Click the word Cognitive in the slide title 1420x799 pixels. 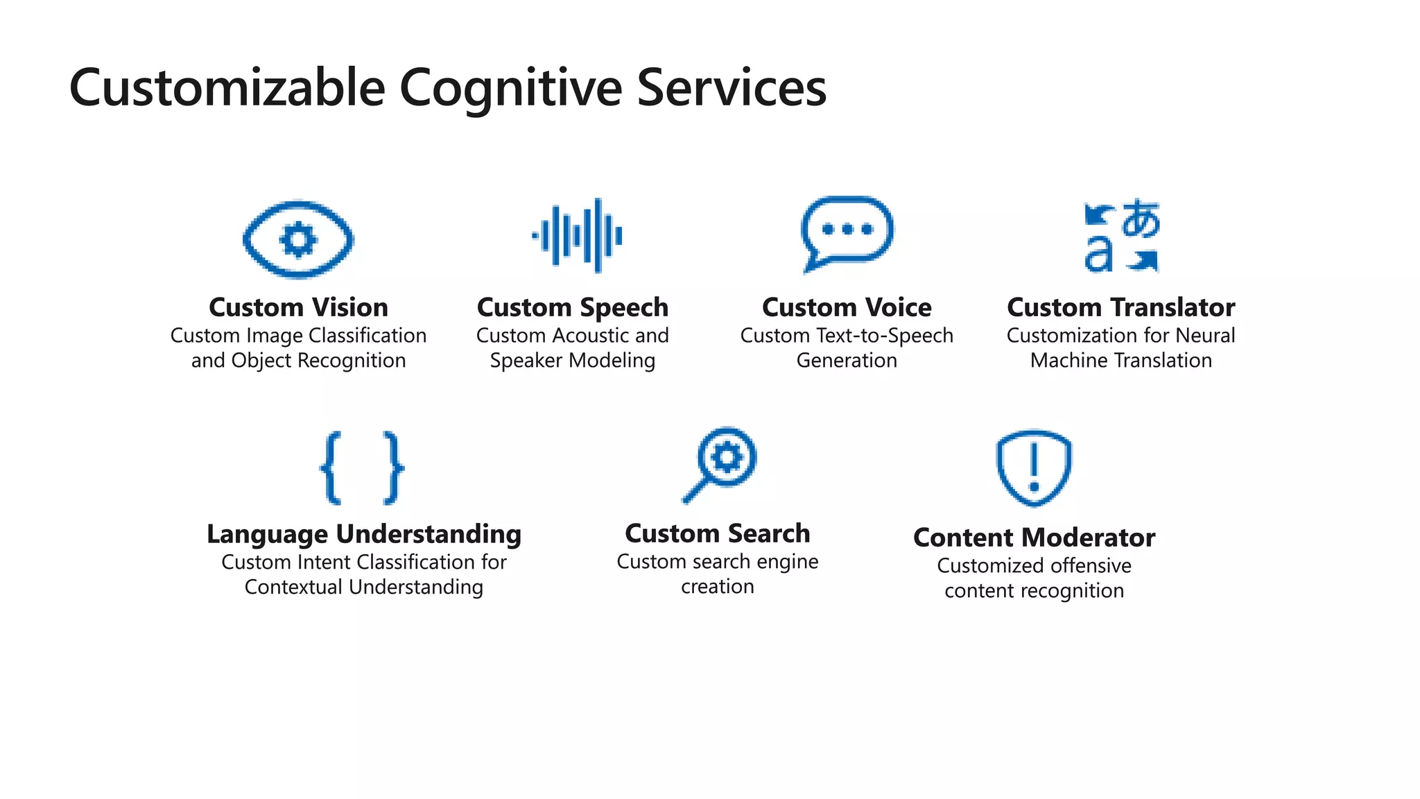tap(510, 89)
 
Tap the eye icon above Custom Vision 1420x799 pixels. tap(298, 239)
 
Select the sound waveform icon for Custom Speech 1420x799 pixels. tap(577, 236)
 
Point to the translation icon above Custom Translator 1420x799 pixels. tap(1121, 236)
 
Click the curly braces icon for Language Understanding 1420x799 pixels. tap(362, 467)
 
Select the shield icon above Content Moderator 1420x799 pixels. tap(1034, 467)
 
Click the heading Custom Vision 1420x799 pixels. tap(298, 307)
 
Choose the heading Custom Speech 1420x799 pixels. tap(573, 307)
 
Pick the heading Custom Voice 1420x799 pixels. tap(847, 307)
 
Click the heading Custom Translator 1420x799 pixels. tap(1121, 307)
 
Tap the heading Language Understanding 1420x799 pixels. tap(364, 534)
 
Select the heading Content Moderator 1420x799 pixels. tap(1034, 538)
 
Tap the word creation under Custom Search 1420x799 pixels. tap(718, 587)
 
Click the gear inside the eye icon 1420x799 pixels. tap(298, 240)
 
